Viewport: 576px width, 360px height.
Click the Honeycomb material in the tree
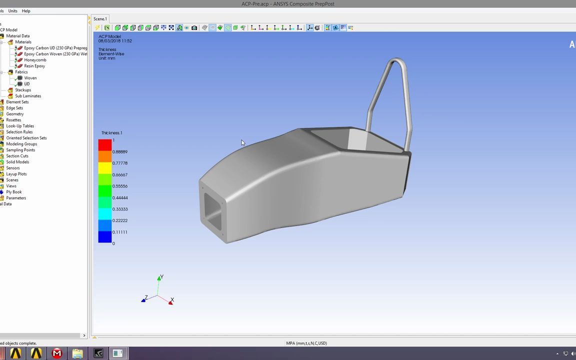point(35,60)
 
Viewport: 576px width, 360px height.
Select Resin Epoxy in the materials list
point(34,66)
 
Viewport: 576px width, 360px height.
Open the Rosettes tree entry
point(13,120)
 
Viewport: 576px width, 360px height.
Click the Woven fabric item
point(30,78)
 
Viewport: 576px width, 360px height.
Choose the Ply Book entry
point(13,192)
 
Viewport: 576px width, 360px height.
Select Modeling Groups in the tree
point(21,144)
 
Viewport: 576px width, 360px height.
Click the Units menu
point(12,11)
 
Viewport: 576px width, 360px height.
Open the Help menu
point(26,11)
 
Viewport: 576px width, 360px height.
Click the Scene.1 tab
point(100,19)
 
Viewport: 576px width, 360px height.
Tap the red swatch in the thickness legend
point(105,145)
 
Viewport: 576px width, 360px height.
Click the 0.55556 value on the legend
point(119,186)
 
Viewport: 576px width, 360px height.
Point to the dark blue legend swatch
point(105,237)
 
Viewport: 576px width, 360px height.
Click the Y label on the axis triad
point(161,276)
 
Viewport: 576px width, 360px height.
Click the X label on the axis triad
point(172,300)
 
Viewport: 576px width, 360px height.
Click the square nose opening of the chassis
point(213,213)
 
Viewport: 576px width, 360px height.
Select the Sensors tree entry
point(13,168)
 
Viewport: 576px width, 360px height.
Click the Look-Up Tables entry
point(20,126)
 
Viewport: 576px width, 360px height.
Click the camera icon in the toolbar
point(194,28)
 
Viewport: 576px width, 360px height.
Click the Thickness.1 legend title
point(111,133)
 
